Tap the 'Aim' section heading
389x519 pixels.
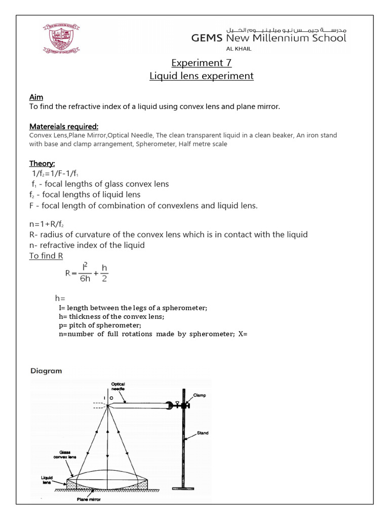point(36,97)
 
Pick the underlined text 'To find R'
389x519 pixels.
point(46,256)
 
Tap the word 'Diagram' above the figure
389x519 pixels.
point(46,371)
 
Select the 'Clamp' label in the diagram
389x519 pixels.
point(199,395)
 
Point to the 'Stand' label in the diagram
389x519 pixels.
point(203,433)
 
